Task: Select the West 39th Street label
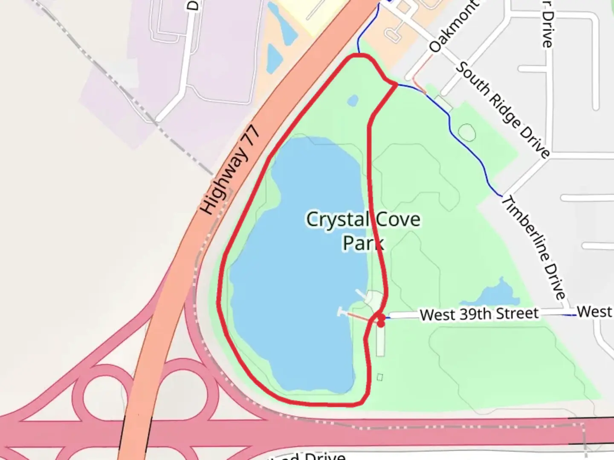(479, 314)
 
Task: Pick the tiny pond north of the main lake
(353, 101)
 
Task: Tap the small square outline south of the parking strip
(380, 377)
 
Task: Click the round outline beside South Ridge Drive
(467, 133)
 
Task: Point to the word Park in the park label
(363, 243)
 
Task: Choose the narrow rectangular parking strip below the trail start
(380, 341)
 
